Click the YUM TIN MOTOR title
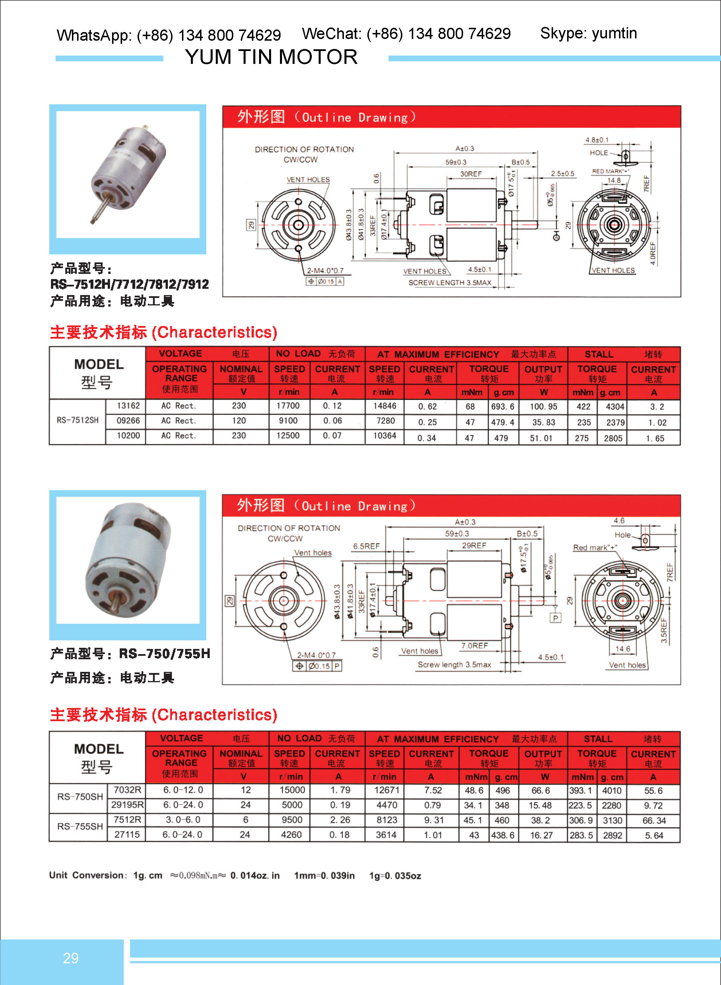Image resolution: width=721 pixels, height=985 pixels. click(x=271, y=57)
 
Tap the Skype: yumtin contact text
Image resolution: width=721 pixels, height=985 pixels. click(x=588, y=33)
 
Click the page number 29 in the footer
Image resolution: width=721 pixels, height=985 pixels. click(x=71, y=958)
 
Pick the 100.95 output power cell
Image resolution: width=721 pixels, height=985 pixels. click(x=543, y=407)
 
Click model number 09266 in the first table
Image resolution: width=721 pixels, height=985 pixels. click(x=128, y=421)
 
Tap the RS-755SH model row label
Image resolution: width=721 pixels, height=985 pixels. click(x=80, y=827)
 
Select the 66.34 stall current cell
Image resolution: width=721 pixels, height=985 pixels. click(x=654, y=821)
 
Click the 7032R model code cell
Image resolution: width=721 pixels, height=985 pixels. click(x=128, y=790)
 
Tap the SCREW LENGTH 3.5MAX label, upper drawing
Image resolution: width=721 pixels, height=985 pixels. click(x=450, y=283)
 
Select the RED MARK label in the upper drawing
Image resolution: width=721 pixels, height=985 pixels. click(x=610, y=171)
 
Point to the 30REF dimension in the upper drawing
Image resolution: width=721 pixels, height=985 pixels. click(x=471, y=174)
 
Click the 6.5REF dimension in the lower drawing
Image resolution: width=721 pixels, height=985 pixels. click(x=366, y=546)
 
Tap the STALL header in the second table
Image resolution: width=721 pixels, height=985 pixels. click(x=598, y=739)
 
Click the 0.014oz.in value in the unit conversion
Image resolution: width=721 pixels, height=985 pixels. click(x=255, y=876)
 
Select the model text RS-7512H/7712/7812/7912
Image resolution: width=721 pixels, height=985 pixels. click(x=130, y=284)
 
